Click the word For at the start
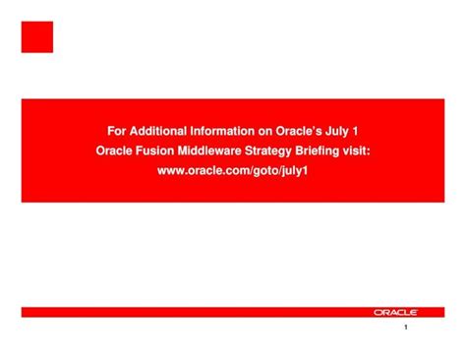tap(116, 129)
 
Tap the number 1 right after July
tap(365, 129)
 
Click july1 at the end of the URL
tap(295, 170)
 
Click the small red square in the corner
tap(37, 37)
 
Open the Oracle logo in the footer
tap(395, 312)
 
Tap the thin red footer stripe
tap(197, 312)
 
